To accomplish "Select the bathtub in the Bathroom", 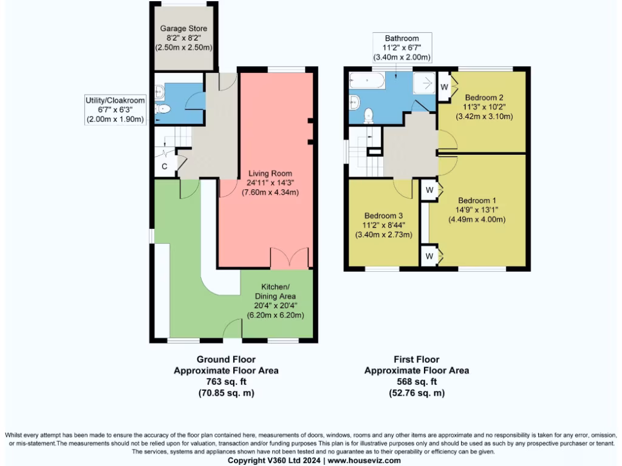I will click(x=368, y=81).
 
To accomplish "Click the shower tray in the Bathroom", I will click(x=426, y=83).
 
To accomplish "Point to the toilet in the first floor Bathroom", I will click(x=368, y=115).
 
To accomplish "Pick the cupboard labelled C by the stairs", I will click(x=165, y=166).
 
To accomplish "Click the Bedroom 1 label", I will click(x=477, y=201).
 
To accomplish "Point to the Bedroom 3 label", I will click(x=383, y=215).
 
